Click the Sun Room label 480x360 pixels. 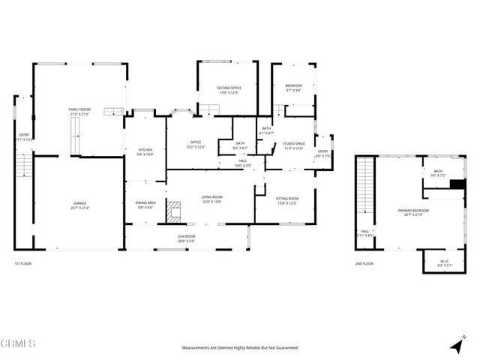[x=186, y=238]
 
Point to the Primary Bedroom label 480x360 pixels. [x=412, y=212]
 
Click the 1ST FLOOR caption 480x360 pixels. [x=23, y=264]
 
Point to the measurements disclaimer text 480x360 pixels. [x=239, y=348]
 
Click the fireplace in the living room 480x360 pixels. [x=174, y=211]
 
